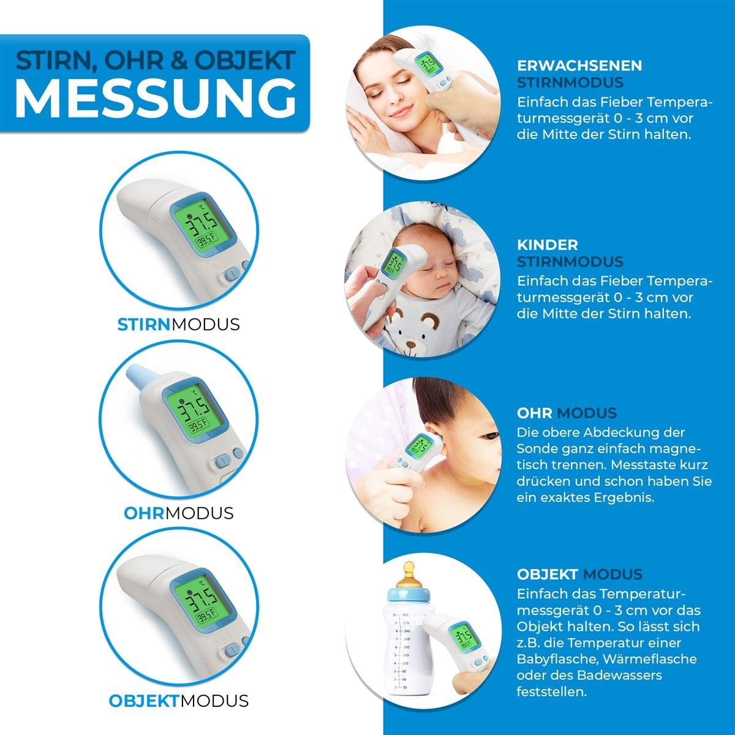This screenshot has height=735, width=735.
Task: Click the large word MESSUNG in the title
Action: (156, 98)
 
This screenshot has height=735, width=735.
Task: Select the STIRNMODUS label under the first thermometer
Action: (178, 325)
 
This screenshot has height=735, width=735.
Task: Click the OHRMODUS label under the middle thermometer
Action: (178, 513)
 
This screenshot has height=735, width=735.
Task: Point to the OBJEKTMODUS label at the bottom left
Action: (178, 701)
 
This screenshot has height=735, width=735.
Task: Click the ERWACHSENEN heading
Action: (579, 66)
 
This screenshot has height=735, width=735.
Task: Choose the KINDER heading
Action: (548, 244)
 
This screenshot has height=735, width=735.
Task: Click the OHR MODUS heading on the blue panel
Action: (567, 413)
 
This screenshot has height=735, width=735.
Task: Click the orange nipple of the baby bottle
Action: (409, 574)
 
